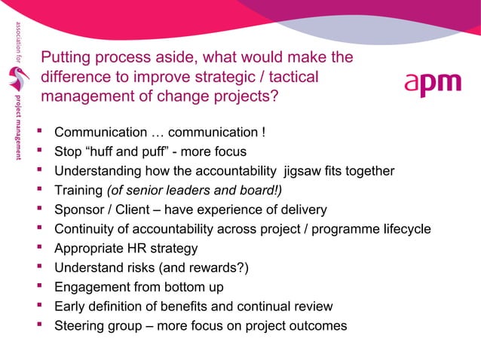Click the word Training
78,191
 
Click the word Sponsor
81,209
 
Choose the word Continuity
85,229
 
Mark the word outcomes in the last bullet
317,326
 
